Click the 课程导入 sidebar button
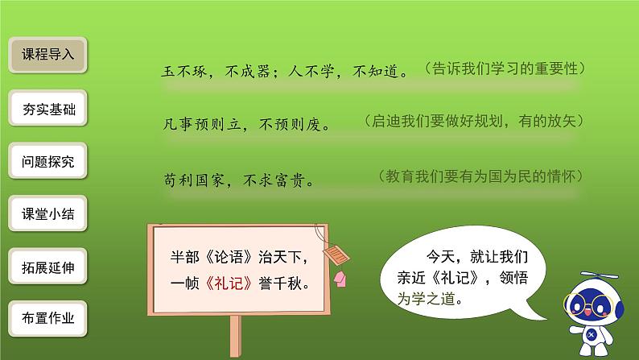[47, 56]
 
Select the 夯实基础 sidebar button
[47, 109]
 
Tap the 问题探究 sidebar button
[47, 162]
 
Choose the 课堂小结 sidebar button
[47, 215]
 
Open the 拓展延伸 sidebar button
[47, 267]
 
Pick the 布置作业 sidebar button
[47, 318]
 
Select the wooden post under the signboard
[236, 337]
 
